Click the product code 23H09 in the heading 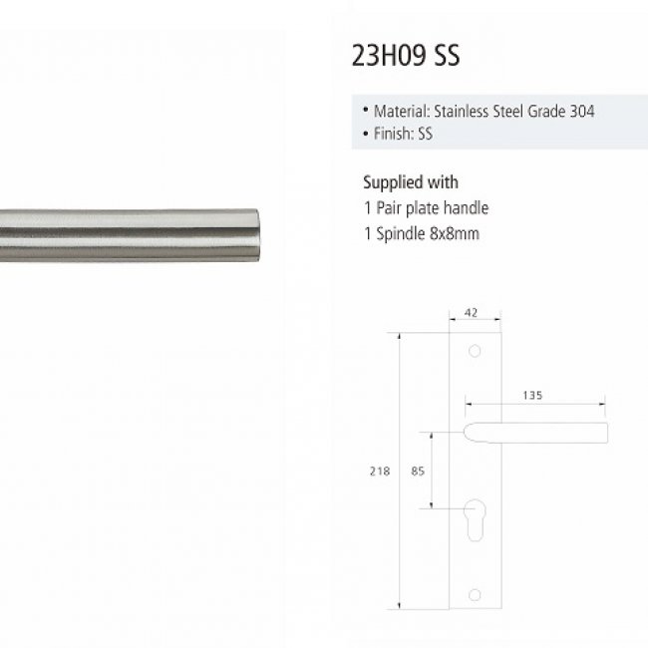(389, 56)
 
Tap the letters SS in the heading (447, 56)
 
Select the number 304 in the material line (582, 112)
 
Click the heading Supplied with (411, 182)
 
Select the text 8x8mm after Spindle (455, 233)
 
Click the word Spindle (401, 234)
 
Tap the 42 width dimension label (472, 313)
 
